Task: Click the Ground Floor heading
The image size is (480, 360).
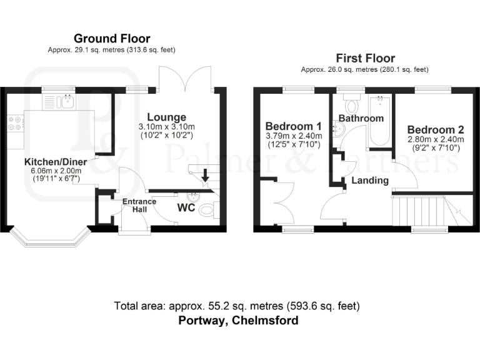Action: [x=112, y=39]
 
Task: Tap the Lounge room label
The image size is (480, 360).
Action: [x=166, y=117]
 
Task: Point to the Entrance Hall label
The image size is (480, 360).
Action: [x=134, y=206]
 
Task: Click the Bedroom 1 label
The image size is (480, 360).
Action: [x=293, y=124]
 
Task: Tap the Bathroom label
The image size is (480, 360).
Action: [x=361, y=118]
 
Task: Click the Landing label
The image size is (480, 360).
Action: [x=370, y=180]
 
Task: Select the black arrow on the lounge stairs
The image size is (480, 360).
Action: [x=205, y=177]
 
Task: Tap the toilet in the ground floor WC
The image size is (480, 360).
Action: [x=206, y=212]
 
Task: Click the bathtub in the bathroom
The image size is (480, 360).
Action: [x=379, y=122]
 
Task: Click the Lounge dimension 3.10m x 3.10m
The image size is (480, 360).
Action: [x=166, y=127]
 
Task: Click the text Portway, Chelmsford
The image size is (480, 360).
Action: [x=237, y=321]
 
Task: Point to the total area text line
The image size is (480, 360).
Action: [x=237, y=306]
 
